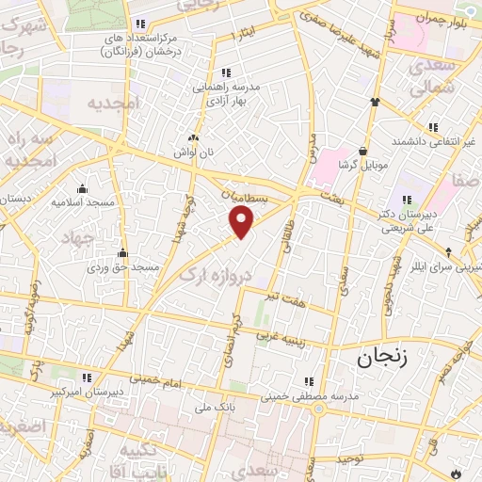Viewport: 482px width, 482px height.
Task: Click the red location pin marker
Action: (x=242, y=222)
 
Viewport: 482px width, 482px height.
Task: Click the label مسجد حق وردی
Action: (x=123, y=268)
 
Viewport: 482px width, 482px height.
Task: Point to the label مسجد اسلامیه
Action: (x=83, y=202)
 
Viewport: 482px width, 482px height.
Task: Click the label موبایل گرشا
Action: (x=362, y=166)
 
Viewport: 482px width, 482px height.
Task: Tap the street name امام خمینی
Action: (x=144, y=371)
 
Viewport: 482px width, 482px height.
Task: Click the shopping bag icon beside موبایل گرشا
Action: (x=362, y=150)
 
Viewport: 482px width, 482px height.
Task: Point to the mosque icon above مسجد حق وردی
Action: (x=122, y=252)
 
